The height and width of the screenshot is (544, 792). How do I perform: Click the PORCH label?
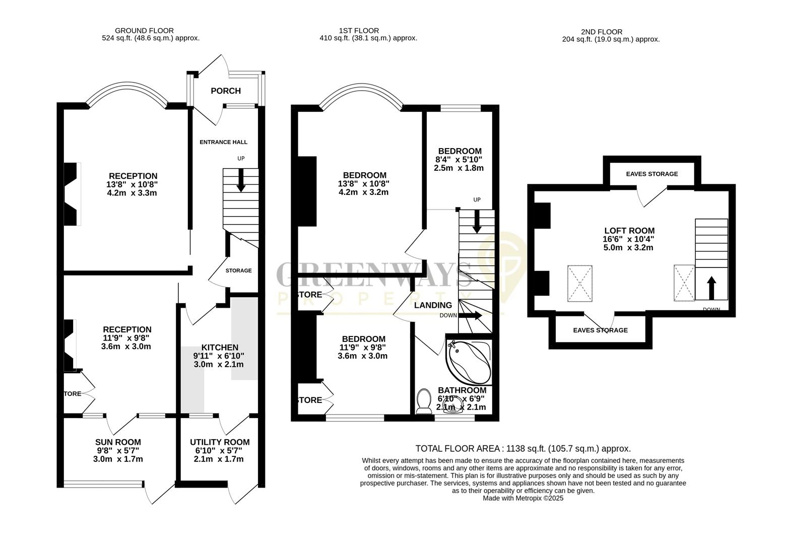225,91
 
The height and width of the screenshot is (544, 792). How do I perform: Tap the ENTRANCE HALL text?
223,142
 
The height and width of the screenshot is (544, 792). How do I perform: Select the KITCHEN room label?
219,348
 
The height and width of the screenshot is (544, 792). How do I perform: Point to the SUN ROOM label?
118,442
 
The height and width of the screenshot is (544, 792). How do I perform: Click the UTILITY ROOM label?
219,442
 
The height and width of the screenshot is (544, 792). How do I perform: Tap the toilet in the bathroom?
424,401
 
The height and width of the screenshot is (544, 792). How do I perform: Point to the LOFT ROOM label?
629,231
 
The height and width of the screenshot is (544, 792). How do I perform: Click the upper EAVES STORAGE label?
651,174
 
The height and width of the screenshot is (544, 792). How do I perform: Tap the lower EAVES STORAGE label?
600,330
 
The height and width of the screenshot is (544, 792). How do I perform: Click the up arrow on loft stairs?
711,287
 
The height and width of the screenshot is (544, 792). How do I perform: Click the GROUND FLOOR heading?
144,31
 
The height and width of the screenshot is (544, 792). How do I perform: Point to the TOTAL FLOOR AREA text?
522,448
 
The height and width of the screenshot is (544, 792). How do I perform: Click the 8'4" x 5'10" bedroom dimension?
459,160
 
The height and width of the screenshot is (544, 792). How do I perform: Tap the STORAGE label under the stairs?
238,270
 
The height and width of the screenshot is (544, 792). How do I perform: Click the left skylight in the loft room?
580,283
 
